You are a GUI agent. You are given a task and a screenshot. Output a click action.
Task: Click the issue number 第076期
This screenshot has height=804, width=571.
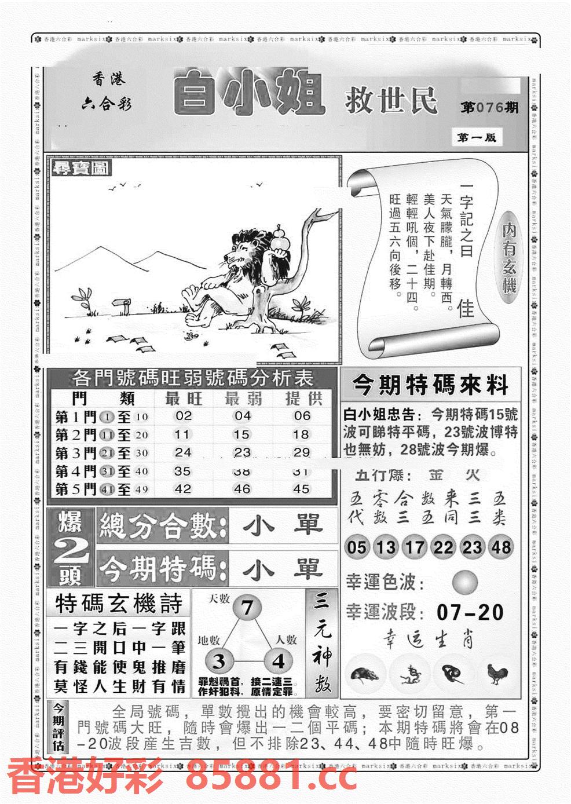pyautogui.click(x=489, y=108)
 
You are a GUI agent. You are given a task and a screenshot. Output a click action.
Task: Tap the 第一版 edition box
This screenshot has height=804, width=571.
pyautogui.click(x=476, y=138)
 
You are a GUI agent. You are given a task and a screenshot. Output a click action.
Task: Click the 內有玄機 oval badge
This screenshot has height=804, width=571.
pyautogui.click(x=509, y=258)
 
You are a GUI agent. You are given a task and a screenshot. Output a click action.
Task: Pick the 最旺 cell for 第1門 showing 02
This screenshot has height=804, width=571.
pyautogui.click(x=183, y=416)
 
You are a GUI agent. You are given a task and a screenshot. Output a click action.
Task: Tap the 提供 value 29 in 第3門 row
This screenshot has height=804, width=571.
pyautogui.click(x=301, y=452)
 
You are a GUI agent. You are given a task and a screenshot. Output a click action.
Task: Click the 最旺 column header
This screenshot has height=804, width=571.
pyautogui.click(x=184, y=399)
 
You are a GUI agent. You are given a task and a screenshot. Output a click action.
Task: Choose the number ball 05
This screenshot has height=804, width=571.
pyautogui.click(x=357, y=547)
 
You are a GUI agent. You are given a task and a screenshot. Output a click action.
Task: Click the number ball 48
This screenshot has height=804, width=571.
pyautogui.click(x=501, y=547)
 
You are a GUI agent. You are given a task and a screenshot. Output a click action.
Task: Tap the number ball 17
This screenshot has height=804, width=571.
pyautogui.click(x=415, y=547)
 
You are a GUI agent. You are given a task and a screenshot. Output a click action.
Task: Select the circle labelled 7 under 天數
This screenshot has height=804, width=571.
pyautogui.click(x=247, y=609)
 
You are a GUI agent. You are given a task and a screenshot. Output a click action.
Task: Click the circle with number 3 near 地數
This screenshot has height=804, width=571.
pyautogui.click(x=219, y=661)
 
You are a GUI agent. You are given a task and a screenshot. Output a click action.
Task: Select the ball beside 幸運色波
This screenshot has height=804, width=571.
pyautogui.click(x=465, y=582)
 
